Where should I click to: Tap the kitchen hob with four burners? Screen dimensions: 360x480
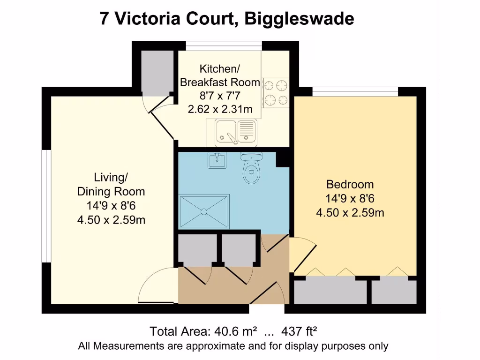(275, 93)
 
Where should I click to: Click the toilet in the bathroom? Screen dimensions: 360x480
(252, 170)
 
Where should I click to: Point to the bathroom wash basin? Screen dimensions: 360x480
(217, 160)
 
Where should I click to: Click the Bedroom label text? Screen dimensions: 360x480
(350, 184)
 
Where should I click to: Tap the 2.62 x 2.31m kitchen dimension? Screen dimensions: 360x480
(220, 110)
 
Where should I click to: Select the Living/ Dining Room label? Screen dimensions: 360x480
(111, 184)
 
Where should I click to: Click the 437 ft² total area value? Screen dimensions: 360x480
(299, 331)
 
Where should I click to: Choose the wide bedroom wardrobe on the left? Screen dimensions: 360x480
(330, 292)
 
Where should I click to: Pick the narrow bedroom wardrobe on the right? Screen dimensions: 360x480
(394, 292)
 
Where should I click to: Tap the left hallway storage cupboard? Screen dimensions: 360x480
(197, 248)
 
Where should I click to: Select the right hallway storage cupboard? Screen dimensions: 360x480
(238, 248)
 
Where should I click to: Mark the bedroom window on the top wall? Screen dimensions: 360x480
(355, 91)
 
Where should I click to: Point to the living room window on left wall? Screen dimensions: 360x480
(46, 206)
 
